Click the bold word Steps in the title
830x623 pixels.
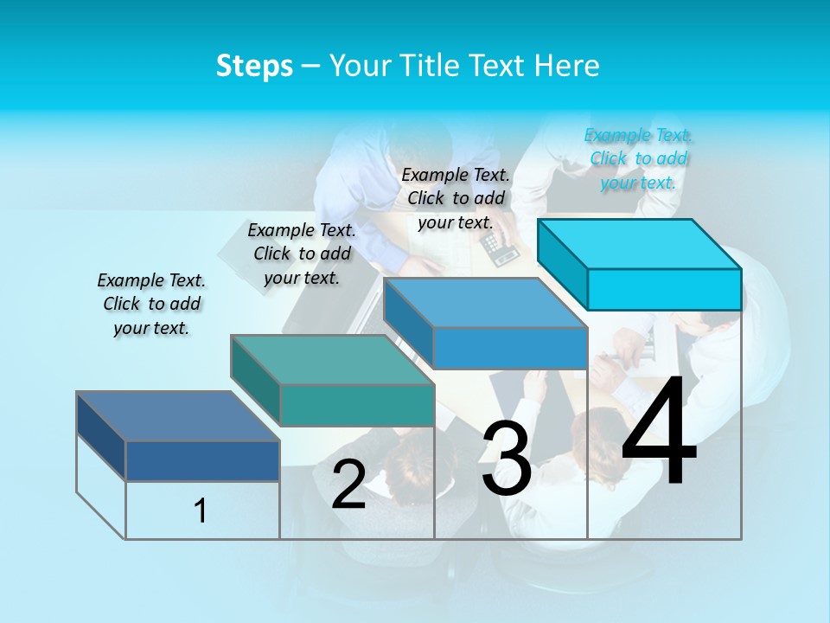tap(254, 66)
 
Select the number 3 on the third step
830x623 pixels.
tap(506, 458)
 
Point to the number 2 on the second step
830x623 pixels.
tap(348, 485)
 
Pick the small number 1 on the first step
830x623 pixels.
tap(201, 511)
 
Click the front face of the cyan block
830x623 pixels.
tap(664, 289)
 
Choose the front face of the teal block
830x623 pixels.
tap(357, 405)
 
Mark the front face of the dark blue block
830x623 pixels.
tap(202, 460)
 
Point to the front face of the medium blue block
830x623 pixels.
tap(510, 348)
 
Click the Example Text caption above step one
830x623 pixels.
tap(151, 304)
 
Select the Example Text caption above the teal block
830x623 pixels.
tap(302, 254)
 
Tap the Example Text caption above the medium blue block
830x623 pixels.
tap(456, 198)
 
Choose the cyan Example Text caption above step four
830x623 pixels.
tap(638, 158)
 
